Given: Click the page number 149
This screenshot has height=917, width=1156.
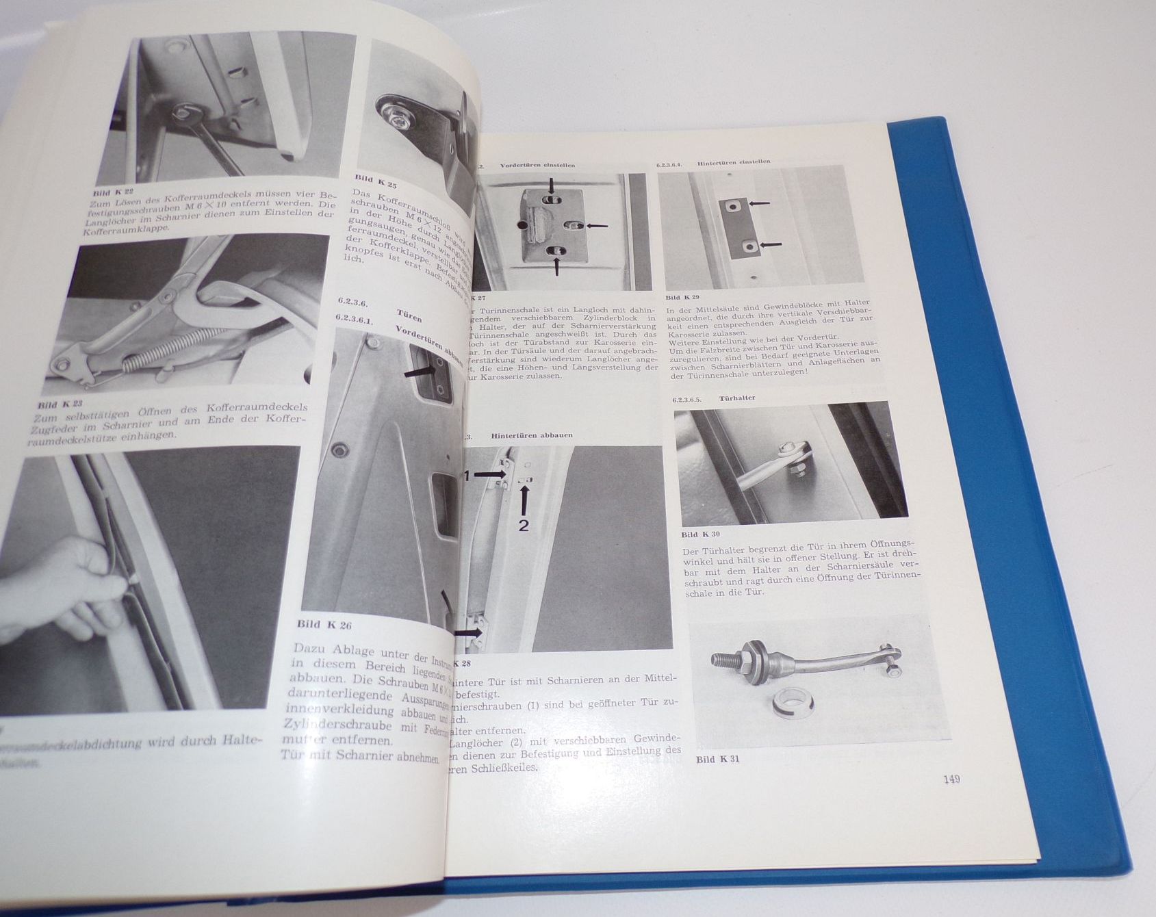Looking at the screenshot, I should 951,779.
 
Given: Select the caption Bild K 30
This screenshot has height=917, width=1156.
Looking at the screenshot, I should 700,534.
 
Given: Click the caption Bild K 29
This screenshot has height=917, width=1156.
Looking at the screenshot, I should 683,298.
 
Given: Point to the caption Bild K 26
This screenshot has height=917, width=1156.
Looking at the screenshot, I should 324,624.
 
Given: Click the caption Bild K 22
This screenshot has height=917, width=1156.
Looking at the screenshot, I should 114,193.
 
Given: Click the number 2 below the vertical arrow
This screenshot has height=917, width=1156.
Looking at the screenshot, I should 524,526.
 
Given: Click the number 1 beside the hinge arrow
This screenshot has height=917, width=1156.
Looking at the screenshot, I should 470,477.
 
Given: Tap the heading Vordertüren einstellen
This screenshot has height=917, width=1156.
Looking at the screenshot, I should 537,165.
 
